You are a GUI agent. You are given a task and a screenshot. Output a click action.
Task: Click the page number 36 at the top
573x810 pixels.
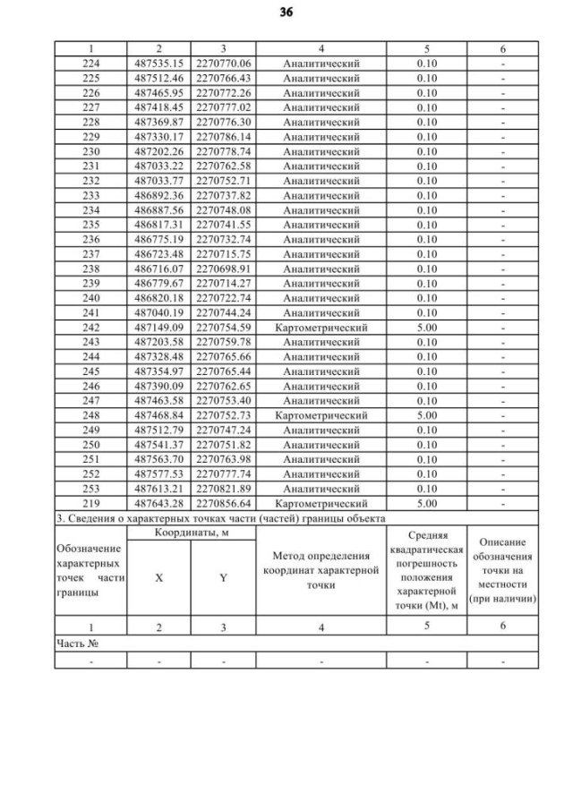tap(286, 13)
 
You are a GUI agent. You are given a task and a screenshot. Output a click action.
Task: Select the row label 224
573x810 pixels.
tap(90, 64)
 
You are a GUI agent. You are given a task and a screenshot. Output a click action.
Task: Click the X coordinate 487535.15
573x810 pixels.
tap(159, 64)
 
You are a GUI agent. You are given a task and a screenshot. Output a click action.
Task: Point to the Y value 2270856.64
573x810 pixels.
tap(223, 504)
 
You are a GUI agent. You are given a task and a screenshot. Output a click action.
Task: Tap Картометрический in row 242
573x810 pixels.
tap(321, 328)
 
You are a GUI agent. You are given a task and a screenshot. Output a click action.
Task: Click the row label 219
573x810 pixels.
tap(90, 504)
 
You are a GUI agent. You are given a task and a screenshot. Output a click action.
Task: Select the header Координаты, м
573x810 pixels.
tap(191, 533)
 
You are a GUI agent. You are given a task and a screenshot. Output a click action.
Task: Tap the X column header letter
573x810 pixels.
tap(159, 578)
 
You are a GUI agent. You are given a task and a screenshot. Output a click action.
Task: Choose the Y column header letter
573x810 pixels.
tap(223, 578)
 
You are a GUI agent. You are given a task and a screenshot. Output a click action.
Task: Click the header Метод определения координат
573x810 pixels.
tap(321, 570)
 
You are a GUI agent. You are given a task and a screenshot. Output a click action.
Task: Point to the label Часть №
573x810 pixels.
tap(76, 643)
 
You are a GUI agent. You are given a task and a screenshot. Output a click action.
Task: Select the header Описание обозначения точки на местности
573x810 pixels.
tap(502, 570)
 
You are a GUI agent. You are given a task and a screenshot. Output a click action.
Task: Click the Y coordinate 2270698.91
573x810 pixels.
tap(223, 269)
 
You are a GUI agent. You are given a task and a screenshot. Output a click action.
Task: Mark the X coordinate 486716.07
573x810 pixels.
tap(159, 269)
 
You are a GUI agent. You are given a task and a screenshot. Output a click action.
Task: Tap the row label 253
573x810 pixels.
tap(90, 490)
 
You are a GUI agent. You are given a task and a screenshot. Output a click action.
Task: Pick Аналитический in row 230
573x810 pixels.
tap(321, 151)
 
